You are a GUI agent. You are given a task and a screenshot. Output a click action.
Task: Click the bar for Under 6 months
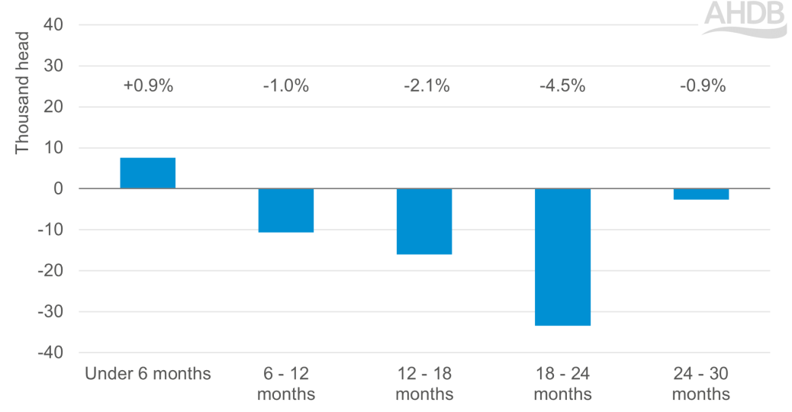point(148,173)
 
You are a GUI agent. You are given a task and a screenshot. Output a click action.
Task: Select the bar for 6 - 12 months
point(286,210)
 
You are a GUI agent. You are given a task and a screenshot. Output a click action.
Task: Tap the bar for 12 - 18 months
point(424,221)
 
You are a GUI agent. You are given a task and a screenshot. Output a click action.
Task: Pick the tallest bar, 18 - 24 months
point(562,257)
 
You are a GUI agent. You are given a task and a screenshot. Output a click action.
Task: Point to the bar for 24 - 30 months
point(700,194)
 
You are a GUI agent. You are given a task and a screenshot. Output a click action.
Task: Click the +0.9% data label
point(148,86)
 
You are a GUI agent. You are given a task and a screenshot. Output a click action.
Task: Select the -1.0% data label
point(286,86)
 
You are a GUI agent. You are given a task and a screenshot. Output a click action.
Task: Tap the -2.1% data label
point(426,86)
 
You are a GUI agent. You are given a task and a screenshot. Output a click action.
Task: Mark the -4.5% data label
point(562,86)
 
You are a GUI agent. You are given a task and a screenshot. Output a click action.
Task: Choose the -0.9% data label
point(702,86)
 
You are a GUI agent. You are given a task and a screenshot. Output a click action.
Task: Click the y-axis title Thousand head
point(22,92)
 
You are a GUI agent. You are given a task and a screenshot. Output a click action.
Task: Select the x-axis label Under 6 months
point(148,375)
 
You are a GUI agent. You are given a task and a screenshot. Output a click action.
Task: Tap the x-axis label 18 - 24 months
point(562,384)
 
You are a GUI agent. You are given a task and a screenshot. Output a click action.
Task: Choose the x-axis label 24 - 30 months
point(700,384)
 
